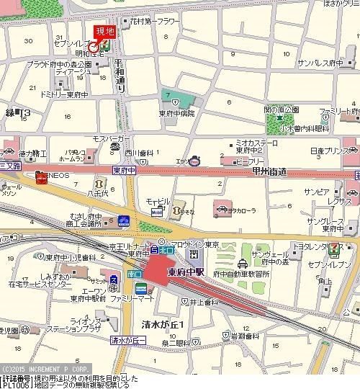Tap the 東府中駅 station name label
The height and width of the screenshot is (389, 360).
point(186,272)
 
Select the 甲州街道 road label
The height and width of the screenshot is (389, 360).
point(265,171)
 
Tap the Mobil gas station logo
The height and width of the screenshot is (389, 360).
point(156,213)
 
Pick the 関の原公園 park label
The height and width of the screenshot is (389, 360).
point(281,109)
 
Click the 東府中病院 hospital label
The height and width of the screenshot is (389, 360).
point(177,113)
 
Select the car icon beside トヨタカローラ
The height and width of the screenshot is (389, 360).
point(218,211)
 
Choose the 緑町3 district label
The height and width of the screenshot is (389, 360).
point(17,113)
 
